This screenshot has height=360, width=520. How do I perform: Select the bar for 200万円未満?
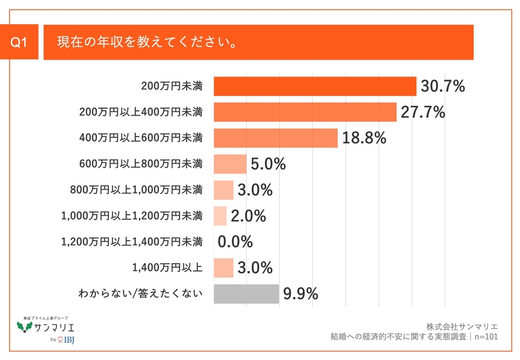[315, 86]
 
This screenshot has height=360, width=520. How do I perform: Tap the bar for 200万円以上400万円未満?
[305, 112]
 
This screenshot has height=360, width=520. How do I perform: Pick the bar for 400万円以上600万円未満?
[275, 138]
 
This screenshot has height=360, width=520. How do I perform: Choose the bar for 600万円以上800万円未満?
[230, 164]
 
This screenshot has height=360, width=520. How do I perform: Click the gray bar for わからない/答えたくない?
[246, 294]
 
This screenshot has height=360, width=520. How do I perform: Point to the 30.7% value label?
[443, 86]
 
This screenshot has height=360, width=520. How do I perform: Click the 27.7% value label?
[423, 112]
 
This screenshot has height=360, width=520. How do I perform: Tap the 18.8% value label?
[364, 138]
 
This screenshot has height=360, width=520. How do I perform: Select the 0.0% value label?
[235, 242]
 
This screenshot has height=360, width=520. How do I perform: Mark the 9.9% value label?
[300, 294]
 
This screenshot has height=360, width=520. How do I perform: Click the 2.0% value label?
[248, 216]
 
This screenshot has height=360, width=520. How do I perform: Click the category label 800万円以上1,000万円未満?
[136, 190]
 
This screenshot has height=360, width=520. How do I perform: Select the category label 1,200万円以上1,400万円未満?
[132, 242]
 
